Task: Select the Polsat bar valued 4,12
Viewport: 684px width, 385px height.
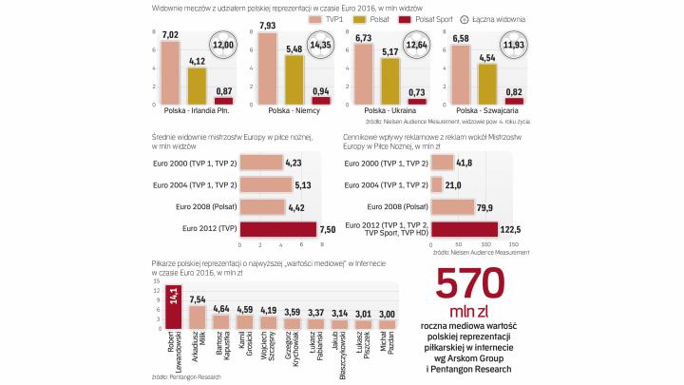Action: (x=197, y=86)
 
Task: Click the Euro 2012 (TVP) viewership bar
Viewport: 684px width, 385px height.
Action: (x=277, y=229)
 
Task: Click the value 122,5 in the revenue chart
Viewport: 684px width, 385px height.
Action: (x=513, y=229)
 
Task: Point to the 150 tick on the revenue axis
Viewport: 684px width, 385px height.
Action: (x=514, y=245)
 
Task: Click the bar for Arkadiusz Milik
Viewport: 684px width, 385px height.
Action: (x=197, y=318)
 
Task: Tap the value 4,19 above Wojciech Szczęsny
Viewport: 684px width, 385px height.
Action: (x=270, y=310)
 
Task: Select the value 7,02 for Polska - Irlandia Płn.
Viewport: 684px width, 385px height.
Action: (x=171, y=35)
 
